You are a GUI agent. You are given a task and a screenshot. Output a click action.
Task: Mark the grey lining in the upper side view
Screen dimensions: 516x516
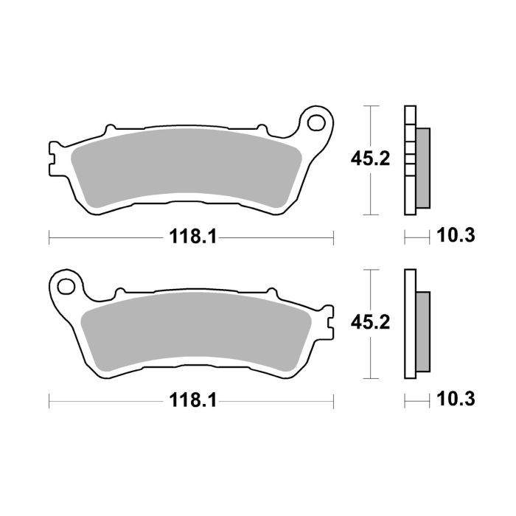coord(423,168)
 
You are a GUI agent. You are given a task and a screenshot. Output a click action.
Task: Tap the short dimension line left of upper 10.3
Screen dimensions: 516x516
coord(417,237)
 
